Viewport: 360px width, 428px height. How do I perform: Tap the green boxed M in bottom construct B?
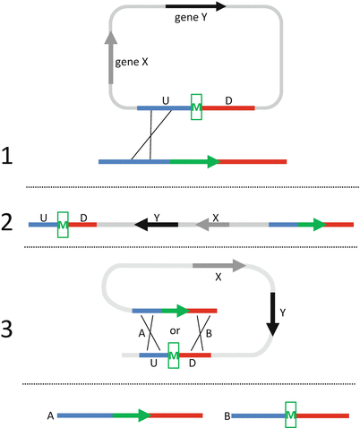(291, 415)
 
